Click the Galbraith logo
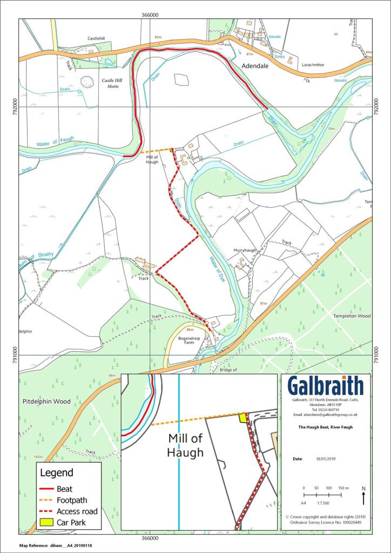coord(325,386)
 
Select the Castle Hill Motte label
coord(113,83)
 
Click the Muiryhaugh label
coord(244,251)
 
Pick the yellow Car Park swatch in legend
coord(49,522)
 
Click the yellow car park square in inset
coord(243,417)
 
